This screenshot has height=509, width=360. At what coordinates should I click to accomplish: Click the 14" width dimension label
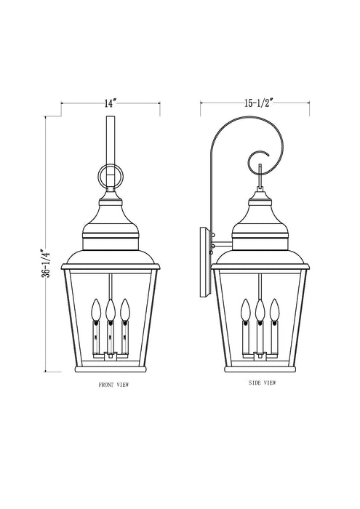(110, 104)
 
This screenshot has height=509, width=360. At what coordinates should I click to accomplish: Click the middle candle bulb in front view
(110, 310)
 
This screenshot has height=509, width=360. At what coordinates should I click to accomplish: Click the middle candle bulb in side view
(259, 310)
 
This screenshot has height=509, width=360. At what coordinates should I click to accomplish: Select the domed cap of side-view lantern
(259, 218)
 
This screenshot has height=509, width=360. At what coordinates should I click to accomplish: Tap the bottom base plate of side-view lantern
(259, 369)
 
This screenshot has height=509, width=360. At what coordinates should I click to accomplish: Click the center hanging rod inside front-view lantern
(110, 284)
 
